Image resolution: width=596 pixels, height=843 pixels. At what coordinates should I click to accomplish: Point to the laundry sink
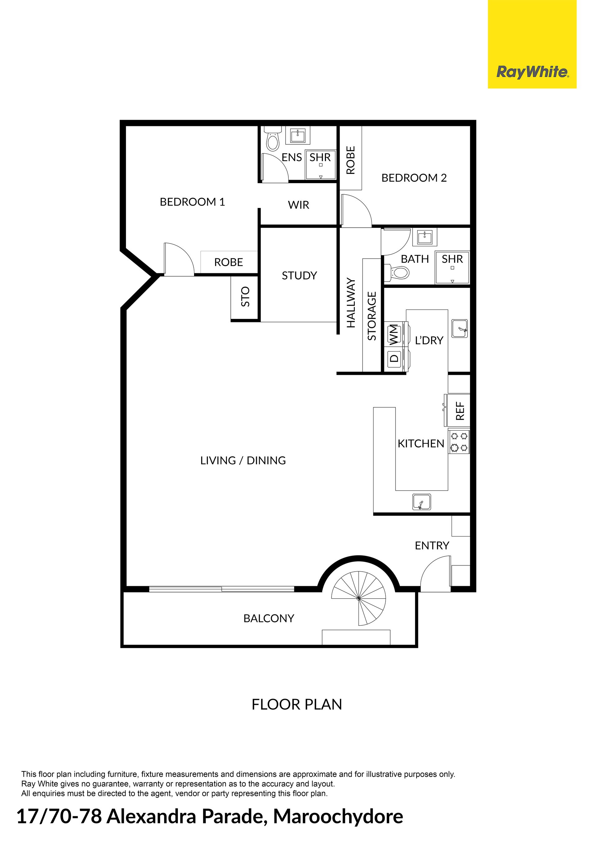tap(459, 328)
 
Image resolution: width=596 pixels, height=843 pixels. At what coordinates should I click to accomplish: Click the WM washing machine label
tap(393, 334)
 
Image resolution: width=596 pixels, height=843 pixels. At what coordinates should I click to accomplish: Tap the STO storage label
tap(245, 297)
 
